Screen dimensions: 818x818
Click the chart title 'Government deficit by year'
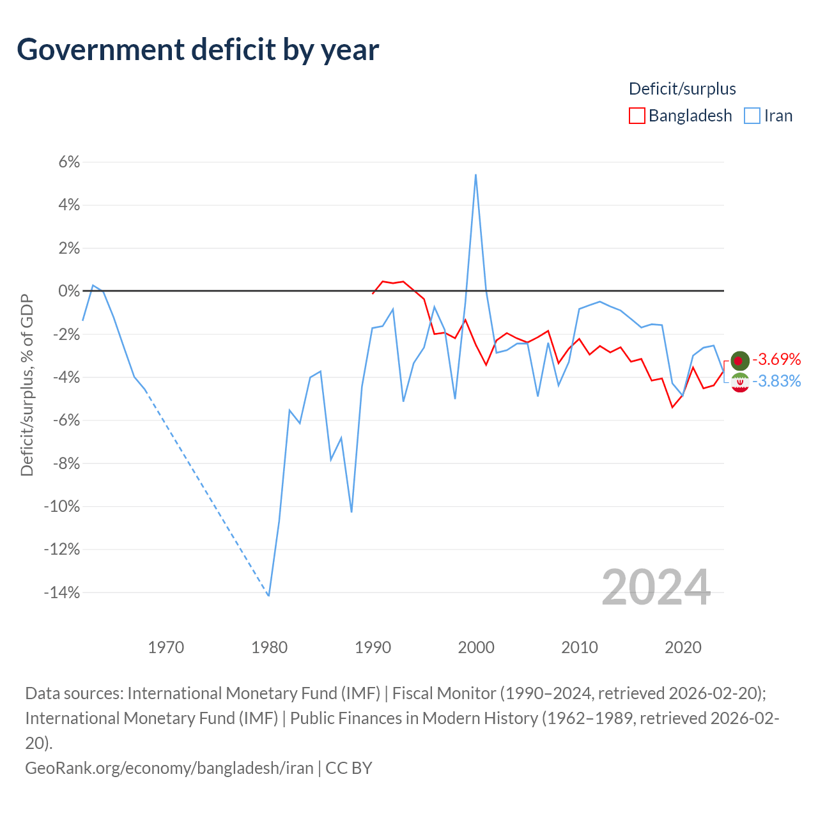pos(197,50)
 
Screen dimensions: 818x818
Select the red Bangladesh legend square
pos(637,116)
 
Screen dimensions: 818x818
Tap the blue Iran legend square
pos(752,116)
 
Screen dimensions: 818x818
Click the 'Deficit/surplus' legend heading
pos(682,89)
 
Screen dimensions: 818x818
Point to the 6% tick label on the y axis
pos(69,162)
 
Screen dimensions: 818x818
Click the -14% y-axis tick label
pos(62,592)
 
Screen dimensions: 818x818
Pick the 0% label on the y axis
pos(69,291)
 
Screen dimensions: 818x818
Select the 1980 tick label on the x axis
pos(269,648)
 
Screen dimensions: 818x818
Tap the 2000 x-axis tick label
pos(476,648)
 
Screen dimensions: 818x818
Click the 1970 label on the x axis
pos(166,648)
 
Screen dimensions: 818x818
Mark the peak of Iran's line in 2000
pos(476,174)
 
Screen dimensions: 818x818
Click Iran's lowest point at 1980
pos(268,596)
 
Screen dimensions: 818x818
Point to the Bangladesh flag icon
pos(740,361)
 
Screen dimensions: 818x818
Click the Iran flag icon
pos(740,383)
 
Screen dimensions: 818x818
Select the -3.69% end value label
pos(776,359)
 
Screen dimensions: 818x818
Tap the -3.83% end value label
pos(776,381)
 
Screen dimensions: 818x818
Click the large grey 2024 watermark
pos(656,587)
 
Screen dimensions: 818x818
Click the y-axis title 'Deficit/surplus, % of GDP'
pos(27,385)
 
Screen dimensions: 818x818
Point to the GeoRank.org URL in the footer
pos(169,768)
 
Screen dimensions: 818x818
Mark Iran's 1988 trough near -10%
pos(351,511)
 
